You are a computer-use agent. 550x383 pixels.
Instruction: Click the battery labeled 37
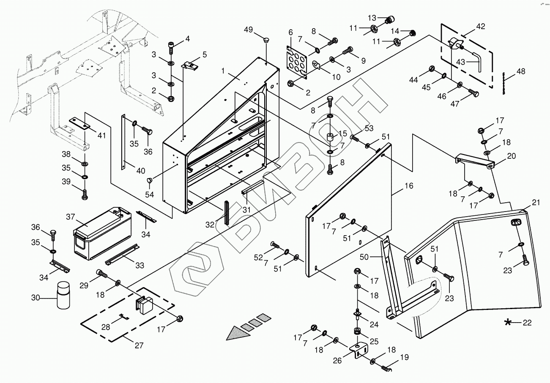coord(102,234)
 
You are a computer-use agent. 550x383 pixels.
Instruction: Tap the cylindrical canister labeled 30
coord(63,295)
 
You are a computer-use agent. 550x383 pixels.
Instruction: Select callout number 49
coord(248,30)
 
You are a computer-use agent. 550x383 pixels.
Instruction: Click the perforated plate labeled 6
coord(297,62)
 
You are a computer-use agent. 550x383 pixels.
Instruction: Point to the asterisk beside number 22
coord(507,322)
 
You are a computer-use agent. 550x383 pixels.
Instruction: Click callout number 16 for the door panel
coord(409,186)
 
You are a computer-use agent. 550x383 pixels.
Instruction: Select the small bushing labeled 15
coord(331,136)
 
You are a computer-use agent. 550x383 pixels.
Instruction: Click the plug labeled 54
coord(150,181)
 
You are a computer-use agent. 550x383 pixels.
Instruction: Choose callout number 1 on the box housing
coord(223,71)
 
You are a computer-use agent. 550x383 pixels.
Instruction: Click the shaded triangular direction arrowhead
coord(238,334)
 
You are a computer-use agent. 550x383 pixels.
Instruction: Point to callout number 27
coord(139,345)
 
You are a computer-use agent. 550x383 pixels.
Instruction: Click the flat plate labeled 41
coord(79,124)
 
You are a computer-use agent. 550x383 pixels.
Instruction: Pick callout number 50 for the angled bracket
coord(364,257)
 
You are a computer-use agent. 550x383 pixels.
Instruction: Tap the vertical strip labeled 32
coord(226,213)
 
